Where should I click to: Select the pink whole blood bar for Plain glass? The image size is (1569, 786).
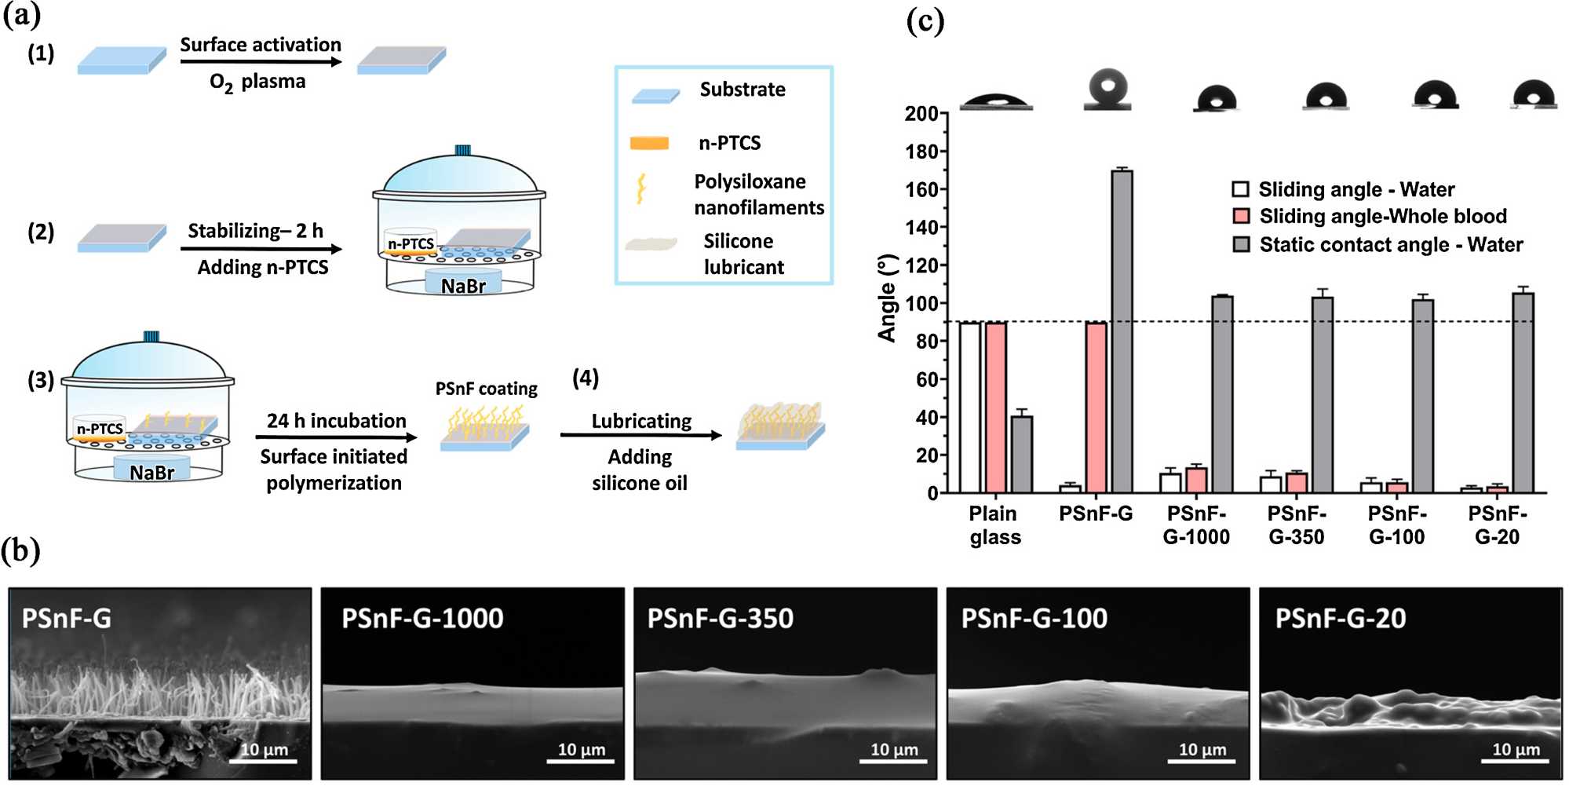pyautogui.click(x=996, y=407)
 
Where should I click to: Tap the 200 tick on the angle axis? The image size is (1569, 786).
pyautogui.click(x=921, y=114)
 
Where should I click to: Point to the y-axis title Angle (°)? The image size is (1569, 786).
pyautogui.click(x=887, y=298)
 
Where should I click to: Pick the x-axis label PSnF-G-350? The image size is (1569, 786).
pyautogui.click(x=1297, y=525)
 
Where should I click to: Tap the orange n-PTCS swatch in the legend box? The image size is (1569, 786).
pyautogui.click(x=649, y=143)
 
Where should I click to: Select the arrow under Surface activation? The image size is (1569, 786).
pyautogui.click(x=261, y=61)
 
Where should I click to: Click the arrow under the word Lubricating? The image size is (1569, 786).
pyautogui.click(x=640, y=435)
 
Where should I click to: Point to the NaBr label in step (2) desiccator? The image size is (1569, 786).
pyautogui.click(x=463, y=286)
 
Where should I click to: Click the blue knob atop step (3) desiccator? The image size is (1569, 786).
pyautogui.click(x=151, y=337)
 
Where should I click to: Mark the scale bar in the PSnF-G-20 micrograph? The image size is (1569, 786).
pyautogui.click(x=1515, y=760)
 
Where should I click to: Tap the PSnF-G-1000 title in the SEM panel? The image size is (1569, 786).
pyautogui.click(x=422, y=619)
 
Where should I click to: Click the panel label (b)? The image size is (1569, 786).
pyautogui.click(x=21, y=551)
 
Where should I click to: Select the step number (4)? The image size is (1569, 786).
pyautogui.click(x=586, y=378)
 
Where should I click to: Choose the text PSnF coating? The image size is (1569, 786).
pyautogui.click(x=486, y=389)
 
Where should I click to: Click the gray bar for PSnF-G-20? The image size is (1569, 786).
pyautogui.click(x=1523, y=393)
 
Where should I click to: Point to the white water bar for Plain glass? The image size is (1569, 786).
pyautogui.click(x=970, y=407)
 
